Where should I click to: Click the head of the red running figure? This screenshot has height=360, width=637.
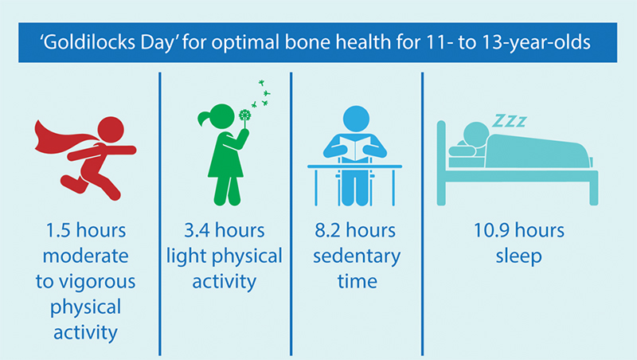coord(111,127)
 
